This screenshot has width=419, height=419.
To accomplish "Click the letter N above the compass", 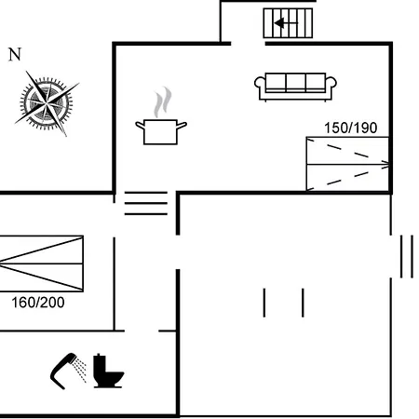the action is click(15, 54).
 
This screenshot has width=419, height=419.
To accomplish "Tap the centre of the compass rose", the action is click(47, 102).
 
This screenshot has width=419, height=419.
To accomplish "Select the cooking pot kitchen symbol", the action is click(161, 131).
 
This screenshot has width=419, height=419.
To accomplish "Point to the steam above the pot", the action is click(163, 101).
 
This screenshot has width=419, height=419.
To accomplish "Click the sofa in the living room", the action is click(295, 87).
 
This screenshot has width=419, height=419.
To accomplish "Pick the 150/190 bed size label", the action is click(351, 128).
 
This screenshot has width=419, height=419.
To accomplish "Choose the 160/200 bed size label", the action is click(38, 303).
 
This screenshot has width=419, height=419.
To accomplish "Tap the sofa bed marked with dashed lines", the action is click(347, 164).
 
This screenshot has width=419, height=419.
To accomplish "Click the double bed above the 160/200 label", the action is click(41, 264).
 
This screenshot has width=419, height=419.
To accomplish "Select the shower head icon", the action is click(62, 370).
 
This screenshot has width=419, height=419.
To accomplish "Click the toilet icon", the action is click(108, 371).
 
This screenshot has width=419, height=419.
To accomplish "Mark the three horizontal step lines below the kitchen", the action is click(146, 203).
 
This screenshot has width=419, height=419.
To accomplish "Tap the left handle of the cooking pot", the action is click(140, 125).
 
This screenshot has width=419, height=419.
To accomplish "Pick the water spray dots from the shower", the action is click(81, 370).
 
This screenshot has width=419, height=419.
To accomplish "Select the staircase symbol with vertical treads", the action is click(288, 23).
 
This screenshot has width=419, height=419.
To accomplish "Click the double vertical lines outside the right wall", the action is click(407, 256).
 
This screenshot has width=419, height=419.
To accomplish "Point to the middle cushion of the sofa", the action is click(295, 82).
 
